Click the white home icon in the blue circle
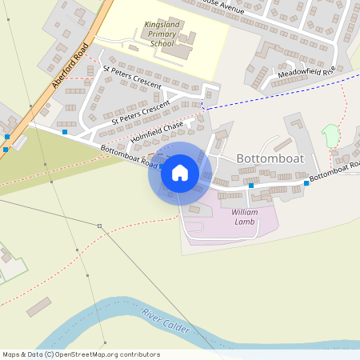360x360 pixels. (180, 173)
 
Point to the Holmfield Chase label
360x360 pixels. (158, 131)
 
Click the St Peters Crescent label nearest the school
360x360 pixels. (132, 78)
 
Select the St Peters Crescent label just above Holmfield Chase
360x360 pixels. (141, 112)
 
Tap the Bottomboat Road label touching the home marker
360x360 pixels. (128, 155)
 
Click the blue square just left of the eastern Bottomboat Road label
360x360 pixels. (306, 183)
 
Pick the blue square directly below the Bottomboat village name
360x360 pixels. (251, 186)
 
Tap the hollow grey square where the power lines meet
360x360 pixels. (99, 227)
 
